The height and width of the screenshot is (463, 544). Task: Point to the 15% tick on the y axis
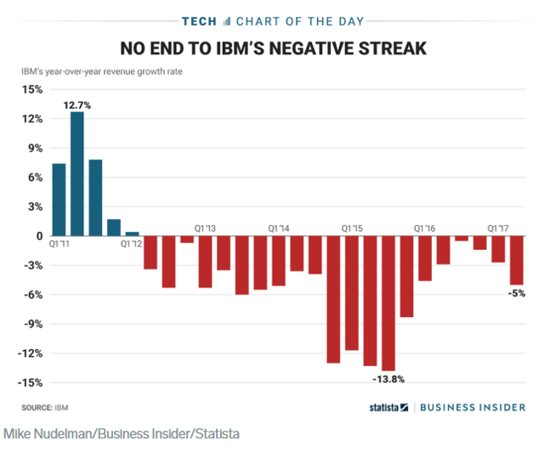click(x=31, y=89)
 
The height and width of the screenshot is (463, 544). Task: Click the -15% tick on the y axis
click(x=30, y=382)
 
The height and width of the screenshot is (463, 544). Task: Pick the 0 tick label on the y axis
click(x=38, y=236)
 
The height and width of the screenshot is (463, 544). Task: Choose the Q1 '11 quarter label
click(x=60, y=245)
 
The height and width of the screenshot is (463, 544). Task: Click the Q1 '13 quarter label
click(x=206, y=229)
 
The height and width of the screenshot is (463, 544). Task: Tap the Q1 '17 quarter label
click(x=498, y=229)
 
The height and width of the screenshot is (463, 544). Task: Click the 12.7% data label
click(x=76, y=105)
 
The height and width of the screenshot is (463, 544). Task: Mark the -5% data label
click(x=516, y=294)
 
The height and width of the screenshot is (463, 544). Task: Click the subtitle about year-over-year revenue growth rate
click(x=102, y=71)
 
